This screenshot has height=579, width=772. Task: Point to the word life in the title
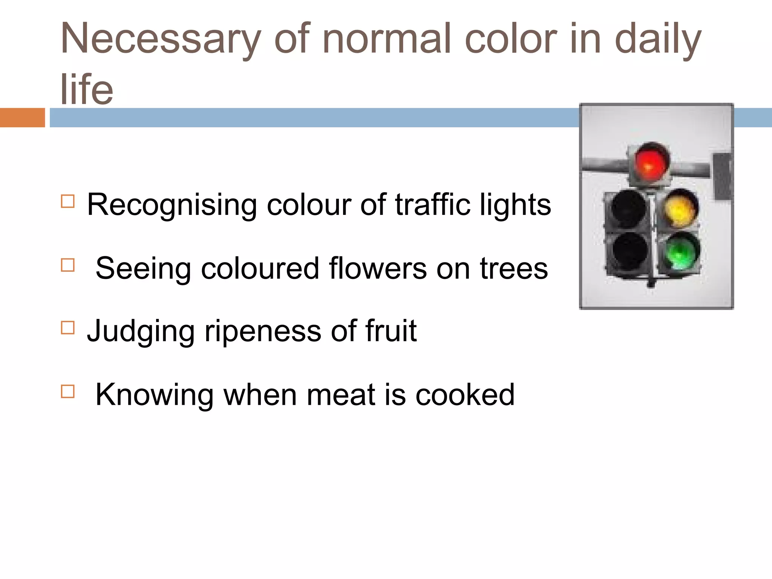87,89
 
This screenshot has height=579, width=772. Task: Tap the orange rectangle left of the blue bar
22,118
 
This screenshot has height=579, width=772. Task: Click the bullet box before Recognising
67,201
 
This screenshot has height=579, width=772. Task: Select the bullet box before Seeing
67,265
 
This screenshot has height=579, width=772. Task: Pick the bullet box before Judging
67,328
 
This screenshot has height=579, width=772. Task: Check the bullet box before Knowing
67,391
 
